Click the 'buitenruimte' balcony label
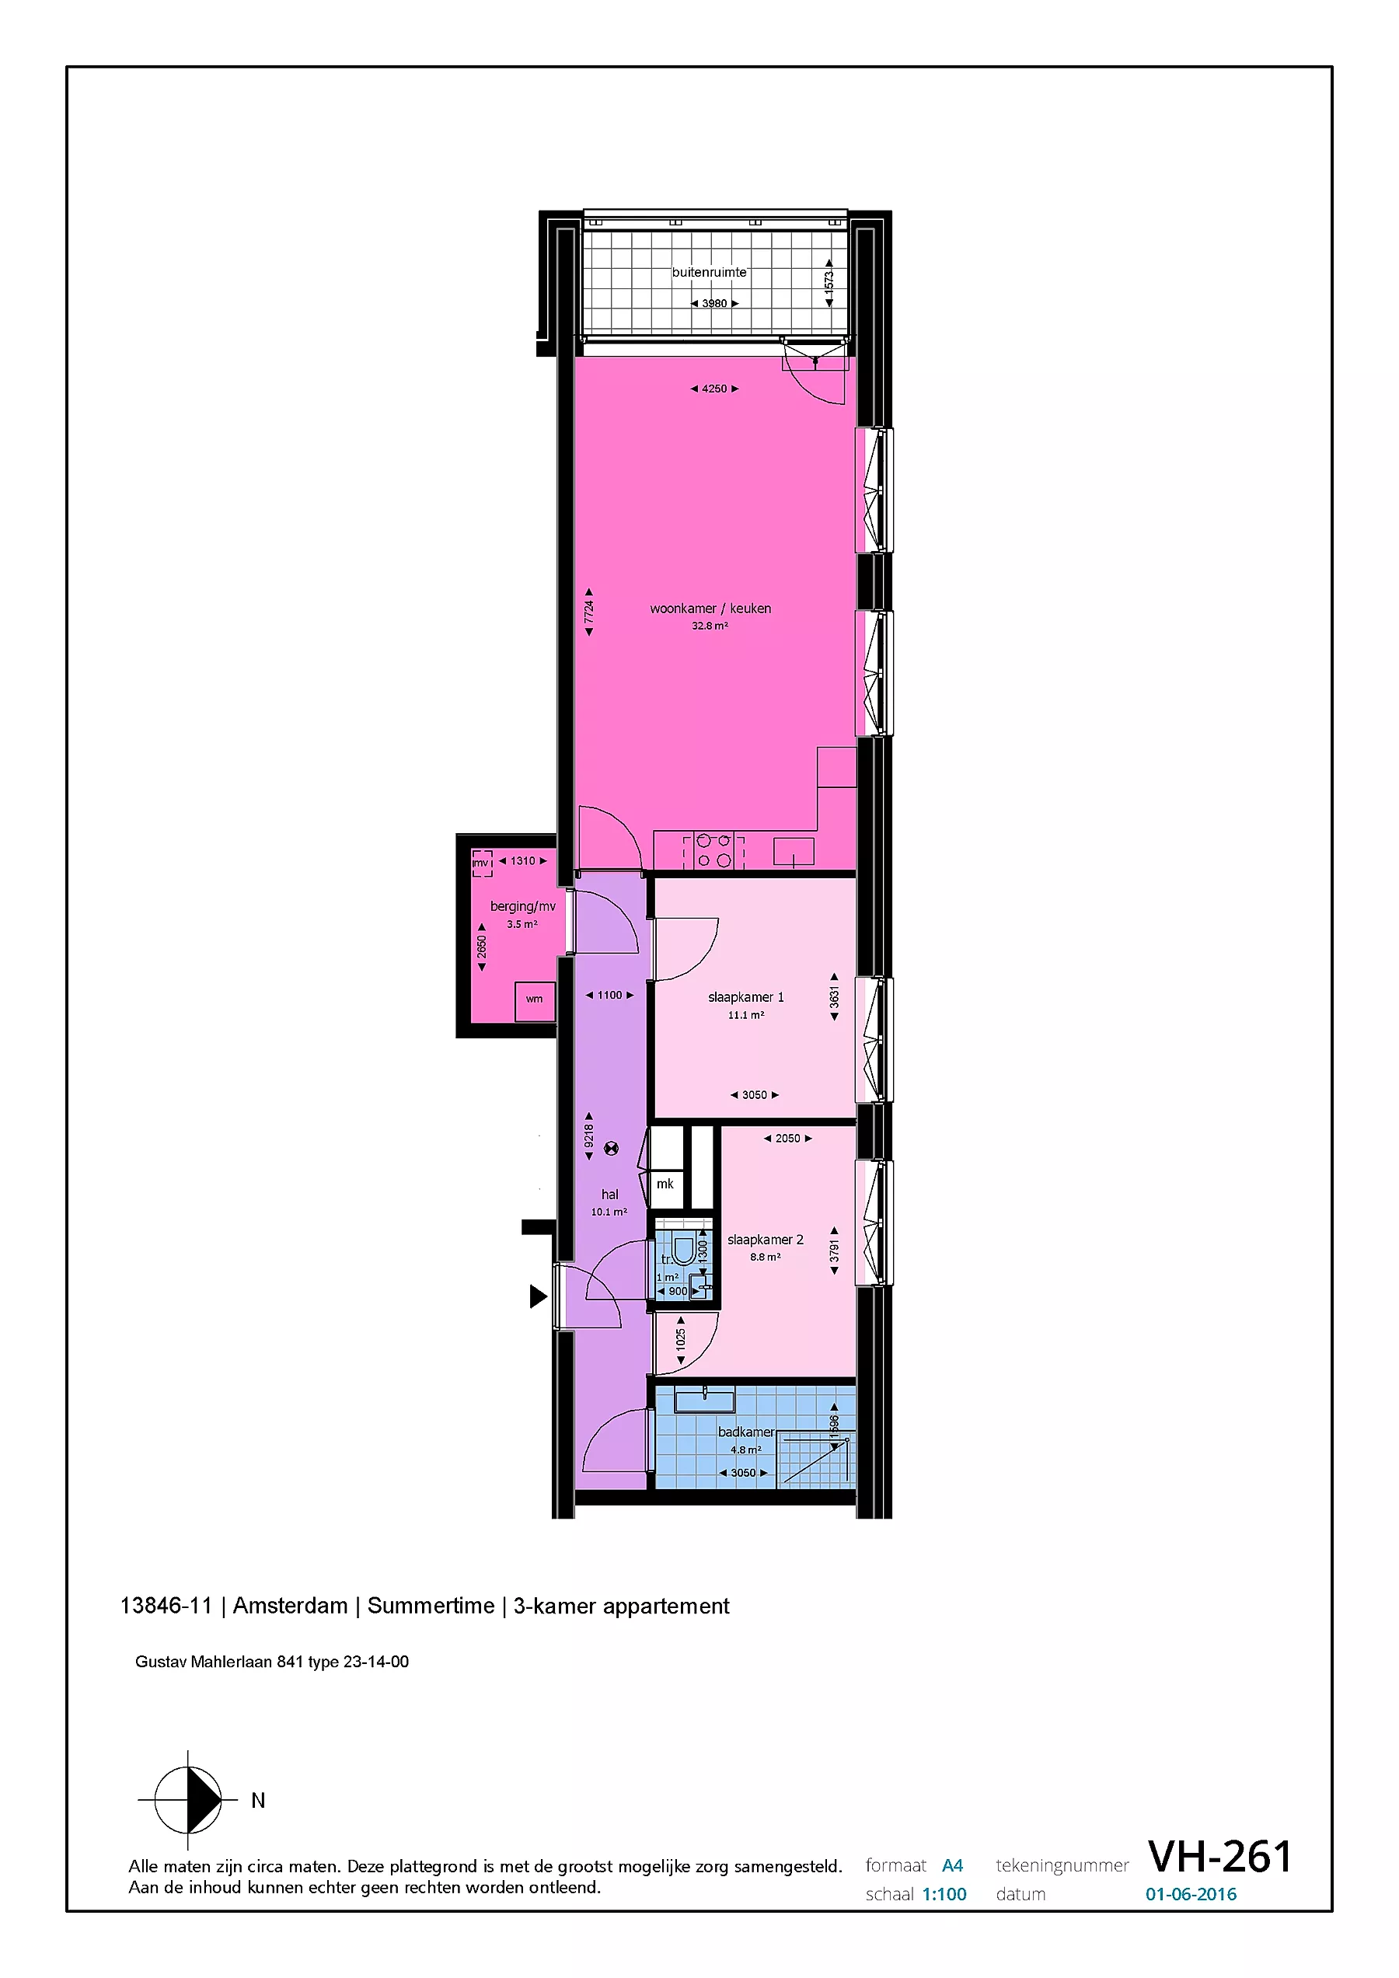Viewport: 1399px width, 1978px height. pyautogui.click(x=709, y=272)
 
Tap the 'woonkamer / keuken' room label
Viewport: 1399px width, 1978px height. pyautogui.click(x=710, y=609)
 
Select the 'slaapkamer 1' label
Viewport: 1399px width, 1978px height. pyautogui.click(x=746, y=996)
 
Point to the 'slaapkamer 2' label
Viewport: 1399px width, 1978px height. pyautogui.click(x=765, y=1240)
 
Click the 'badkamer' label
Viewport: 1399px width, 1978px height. pyautogui.click(x=746, y=1432)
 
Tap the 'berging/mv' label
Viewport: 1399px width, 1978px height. pyautogui.click(x=523, y=906)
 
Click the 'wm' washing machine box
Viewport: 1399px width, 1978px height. pyautogui.click(x=535, y=1001)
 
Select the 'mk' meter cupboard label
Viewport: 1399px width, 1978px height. pyautogui.click(x=665, y=1184)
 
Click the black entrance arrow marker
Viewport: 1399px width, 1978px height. pyautogui.click(x=538, y=1296)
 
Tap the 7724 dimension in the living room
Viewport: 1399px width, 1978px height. pyautogui.click(x=589, y=612)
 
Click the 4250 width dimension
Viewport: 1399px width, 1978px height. pyautogui.click(x=714, y=389)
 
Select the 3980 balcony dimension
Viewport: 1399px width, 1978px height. pyautogui.click(x=714, y=303)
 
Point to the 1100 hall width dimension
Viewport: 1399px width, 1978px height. pyautogui.click(x=610, y=995)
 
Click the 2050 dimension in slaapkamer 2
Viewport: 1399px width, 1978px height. pyautogui.click(x=787, y=1138)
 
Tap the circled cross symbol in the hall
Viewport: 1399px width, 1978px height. pyautogui.click(x=612, y=1147)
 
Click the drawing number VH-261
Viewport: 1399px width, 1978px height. pyautogui.click(x=1219, y=1857)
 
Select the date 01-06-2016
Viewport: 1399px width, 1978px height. pyautogui.click(x=1191, y=1893)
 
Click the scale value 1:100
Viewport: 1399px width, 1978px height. pyautogui.click(x=944, y=1893)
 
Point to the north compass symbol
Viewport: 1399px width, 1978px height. pyautogui.click(x=189, y=1800)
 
